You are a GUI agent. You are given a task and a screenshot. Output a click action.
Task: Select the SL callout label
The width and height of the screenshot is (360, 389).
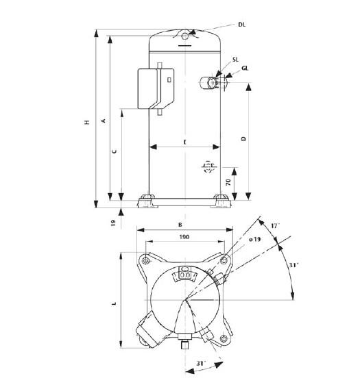tap(235, 60)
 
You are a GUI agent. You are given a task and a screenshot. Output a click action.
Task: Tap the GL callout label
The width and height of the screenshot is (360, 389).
tap(245, 68)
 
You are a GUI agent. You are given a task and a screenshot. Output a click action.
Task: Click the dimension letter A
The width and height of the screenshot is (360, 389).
tap(103, 121)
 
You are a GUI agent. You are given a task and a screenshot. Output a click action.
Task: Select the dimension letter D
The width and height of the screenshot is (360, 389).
tap(243, 138)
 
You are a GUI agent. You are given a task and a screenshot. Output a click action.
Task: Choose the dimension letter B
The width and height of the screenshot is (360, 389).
tap(180, 224)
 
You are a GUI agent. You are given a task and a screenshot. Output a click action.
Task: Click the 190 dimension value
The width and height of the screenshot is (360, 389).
tap(184, 236)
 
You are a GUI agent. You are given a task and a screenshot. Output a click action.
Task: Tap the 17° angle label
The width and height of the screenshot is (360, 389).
tap(274, 225)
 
